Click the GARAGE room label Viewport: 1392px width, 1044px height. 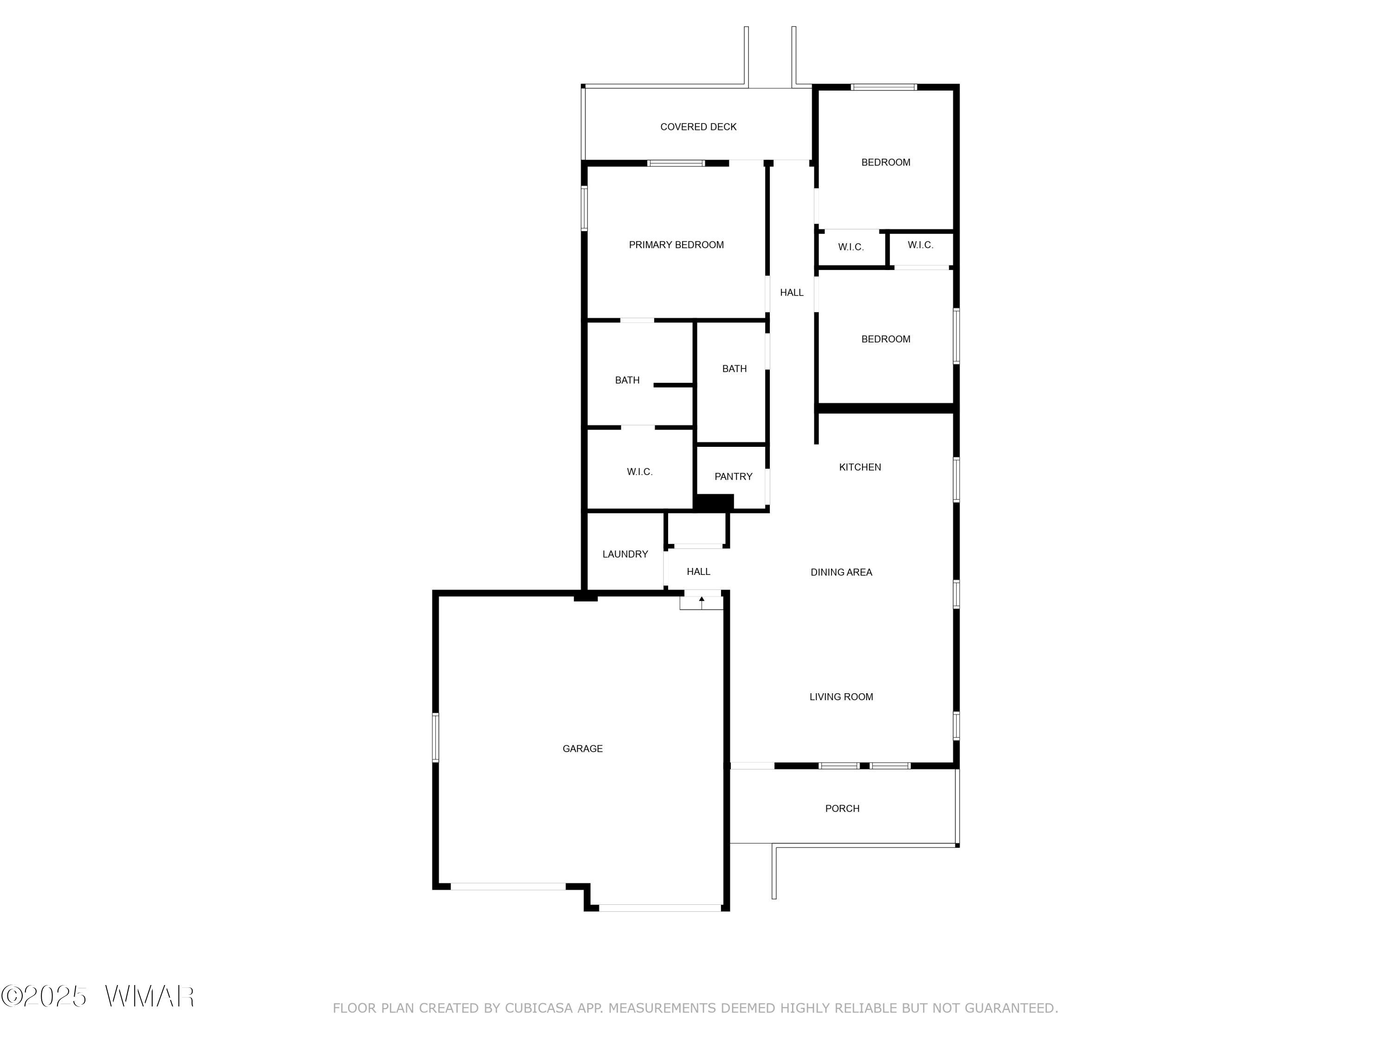point(582,749)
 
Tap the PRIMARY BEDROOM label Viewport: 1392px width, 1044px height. point(676,245)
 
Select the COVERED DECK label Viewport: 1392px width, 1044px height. point(698,127)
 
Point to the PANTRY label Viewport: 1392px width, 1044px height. point(733,477)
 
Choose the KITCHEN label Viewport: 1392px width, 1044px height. point(860,467)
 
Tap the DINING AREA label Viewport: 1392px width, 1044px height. point(841,572)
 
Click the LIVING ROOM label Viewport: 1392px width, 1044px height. point(841,696)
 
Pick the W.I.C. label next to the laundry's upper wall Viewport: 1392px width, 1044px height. point(639,472)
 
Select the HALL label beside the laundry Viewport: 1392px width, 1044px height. point(698,571)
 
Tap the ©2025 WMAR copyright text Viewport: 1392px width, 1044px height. point(97,996)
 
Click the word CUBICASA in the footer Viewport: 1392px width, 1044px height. point(539,1008)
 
